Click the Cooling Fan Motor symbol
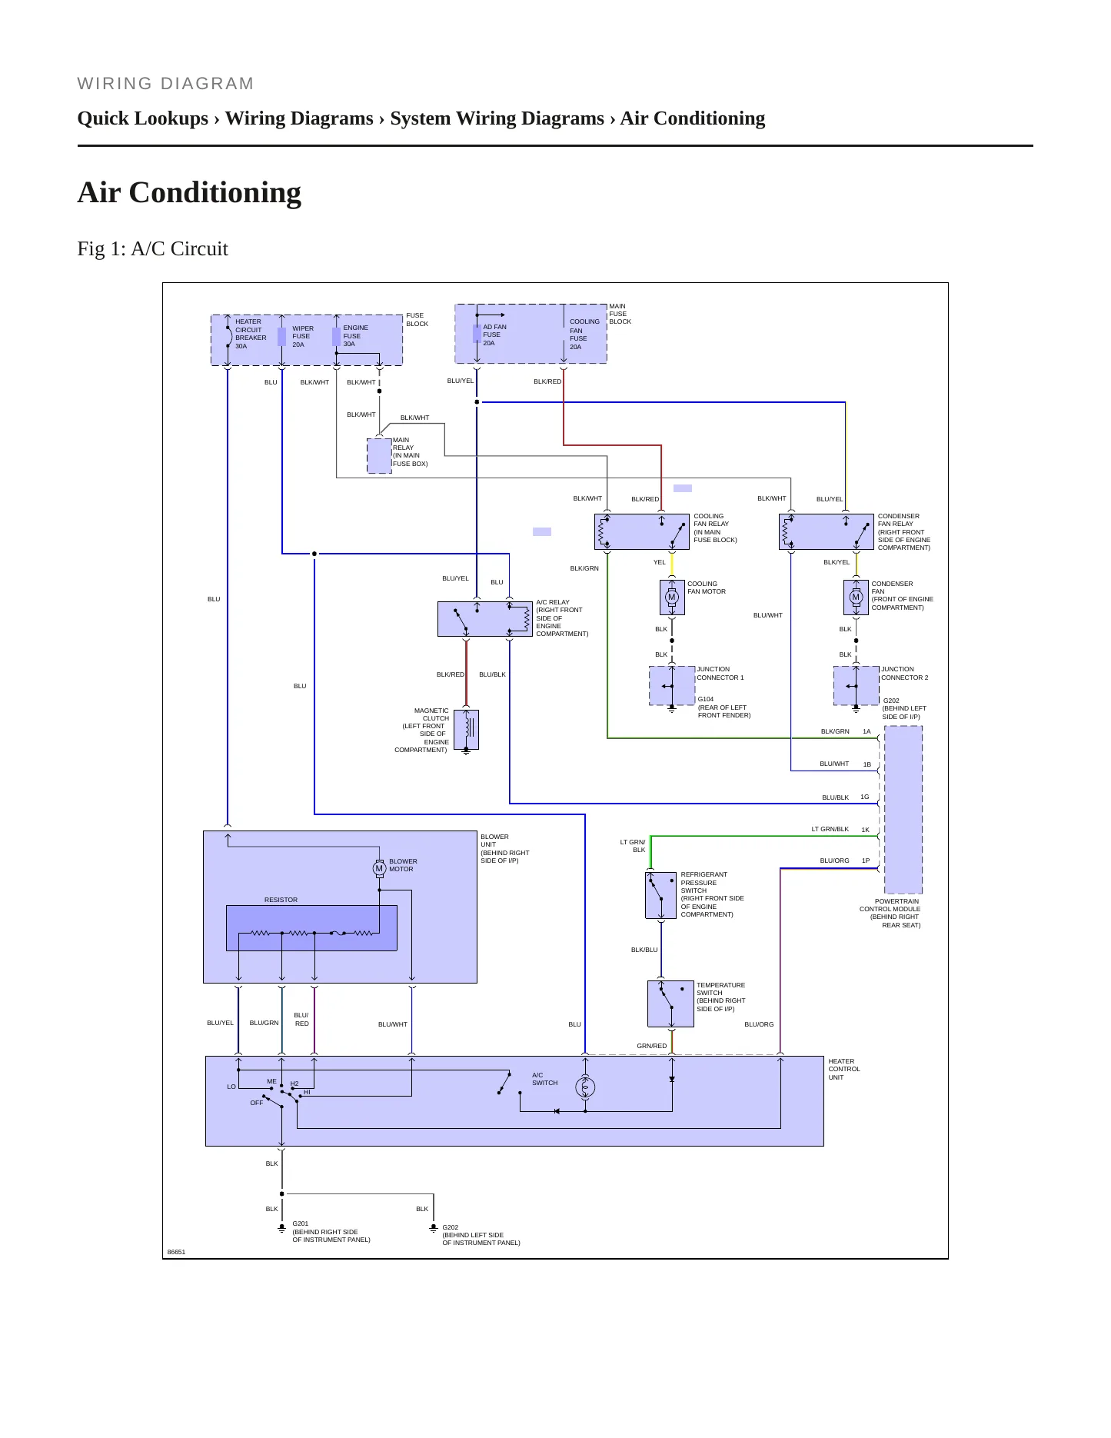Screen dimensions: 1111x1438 pyautogui.click(x=672, y=597)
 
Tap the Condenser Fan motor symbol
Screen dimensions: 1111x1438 pyautogui.click(x=856, y=597)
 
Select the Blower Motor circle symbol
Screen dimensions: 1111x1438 pyautogui.click(x=379, y=868)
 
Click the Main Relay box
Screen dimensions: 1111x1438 pyautogui.click(x=379, y=456)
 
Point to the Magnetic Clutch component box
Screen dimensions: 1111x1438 pyautogui.click(x=466, y=729)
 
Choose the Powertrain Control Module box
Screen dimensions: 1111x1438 pyautogui.click(x=903, y=810)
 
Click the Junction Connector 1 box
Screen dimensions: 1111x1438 pyautogui.click(x=672, y=686)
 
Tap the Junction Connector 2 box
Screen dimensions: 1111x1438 pyautogui.click(x=857, y=686)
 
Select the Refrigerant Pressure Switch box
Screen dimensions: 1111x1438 pyautogui.click(x=660, y=895)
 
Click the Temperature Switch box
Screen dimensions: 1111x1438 pyautogui.click(x=670, y=1004)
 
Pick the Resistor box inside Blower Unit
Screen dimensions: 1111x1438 pyautogui.click(x=311, y=928)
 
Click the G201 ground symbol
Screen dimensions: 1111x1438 pyautogui.click(x=282, y=1229)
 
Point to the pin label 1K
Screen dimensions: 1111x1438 pyautogui.click(x=865, y=830)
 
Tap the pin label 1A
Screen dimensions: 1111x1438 pyautogui.click(x=867, y=731)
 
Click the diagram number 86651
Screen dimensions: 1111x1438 pyautogui.click(x=177, y=1252)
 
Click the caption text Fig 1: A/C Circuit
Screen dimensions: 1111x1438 pyautogui.click(x=153, y=248)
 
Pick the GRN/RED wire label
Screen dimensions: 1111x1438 pyautogui.click(x=652, y=1046)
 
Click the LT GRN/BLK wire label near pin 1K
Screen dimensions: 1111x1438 pyautogui.click(x=830, y=829)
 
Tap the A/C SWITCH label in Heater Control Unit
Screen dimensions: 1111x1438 pyautogui.click(x=545, y=1079)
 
